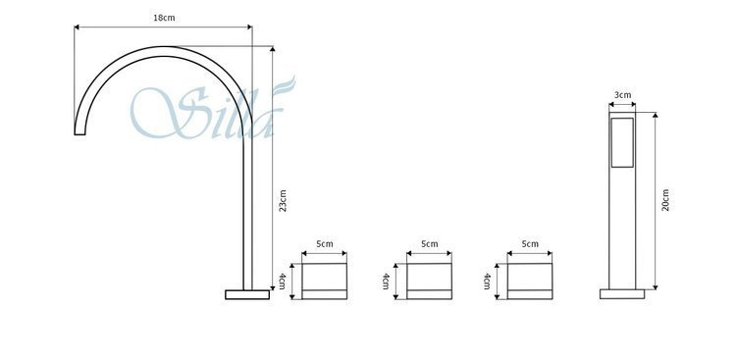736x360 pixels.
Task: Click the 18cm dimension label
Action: [164, 18]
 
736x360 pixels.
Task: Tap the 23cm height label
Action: [283, 200]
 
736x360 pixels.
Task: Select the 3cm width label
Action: [622, 94]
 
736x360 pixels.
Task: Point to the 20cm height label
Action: [665, 200]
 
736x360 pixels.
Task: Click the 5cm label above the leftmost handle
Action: [325, 243]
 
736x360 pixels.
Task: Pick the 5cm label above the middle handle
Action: [430, 243]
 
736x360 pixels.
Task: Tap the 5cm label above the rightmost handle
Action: [530, 243]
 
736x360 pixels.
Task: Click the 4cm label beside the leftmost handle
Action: [282, 281]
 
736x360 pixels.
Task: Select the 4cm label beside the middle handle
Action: [386, 281]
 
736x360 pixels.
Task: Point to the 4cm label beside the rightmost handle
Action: [487, 281]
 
